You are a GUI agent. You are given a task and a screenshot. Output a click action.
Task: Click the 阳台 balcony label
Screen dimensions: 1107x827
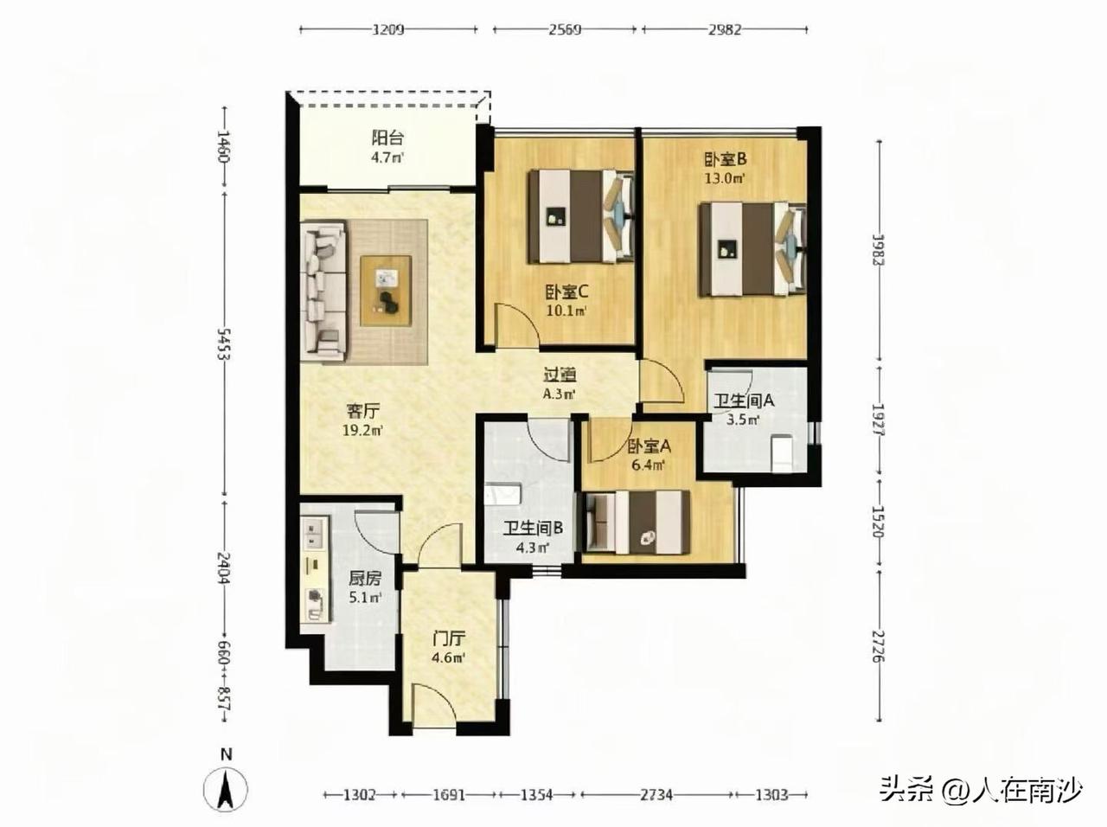pyautogui.click(x=387, y=138)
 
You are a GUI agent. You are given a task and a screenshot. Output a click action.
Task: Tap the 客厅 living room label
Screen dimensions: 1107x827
pyautogui.click(x=362, y=411)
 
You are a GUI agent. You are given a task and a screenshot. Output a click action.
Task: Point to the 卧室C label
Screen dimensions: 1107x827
pyautogui.click(x=566, y=292)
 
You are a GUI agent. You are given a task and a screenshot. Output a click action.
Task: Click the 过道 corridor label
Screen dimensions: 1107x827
pyautogui.click(x=560, y=375)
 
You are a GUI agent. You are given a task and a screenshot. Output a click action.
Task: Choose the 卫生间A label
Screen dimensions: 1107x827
pyautogui.click(x=744, y=401)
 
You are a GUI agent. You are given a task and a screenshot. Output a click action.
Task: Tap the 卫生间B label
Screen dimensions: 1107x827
pyautogui.click(x=533, y=528)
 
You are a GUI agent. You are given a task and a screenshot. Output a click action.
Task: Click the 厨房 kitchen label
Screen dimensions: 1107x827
pyautogui.click(x=365, y=578)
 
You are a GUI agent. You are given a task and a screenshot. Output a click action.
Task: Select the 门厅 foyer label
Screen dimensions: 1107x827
pyautogui.click(x=448, y=638)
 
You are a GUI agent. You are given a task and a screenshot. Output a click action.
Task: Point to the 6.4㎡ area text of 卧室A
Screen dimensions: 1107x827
pyautogui.click(x=648, y=465)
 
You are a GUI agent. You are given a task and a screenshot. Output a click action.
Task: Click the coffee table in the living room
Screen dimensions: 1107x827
pyautogui.click(x=386, y=291)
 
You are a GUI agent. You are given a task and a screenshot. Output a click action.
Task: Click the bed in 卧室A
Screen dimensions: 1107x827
pyautogui.click(x=637, y=522)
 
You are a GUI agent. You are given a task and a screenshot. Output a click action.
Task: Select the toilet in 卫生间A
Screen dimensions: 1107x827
pyautogui.click(x=783, y=452)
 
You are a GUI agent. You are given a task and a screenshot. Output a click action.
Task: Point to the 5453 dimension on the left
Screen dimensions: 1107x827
pyautogui.click(x=224, y=343)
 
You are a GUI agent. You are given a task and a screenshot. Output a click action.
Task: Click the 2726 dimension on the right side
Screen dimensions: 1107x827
pyautogui.click(x=880, y=646)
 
